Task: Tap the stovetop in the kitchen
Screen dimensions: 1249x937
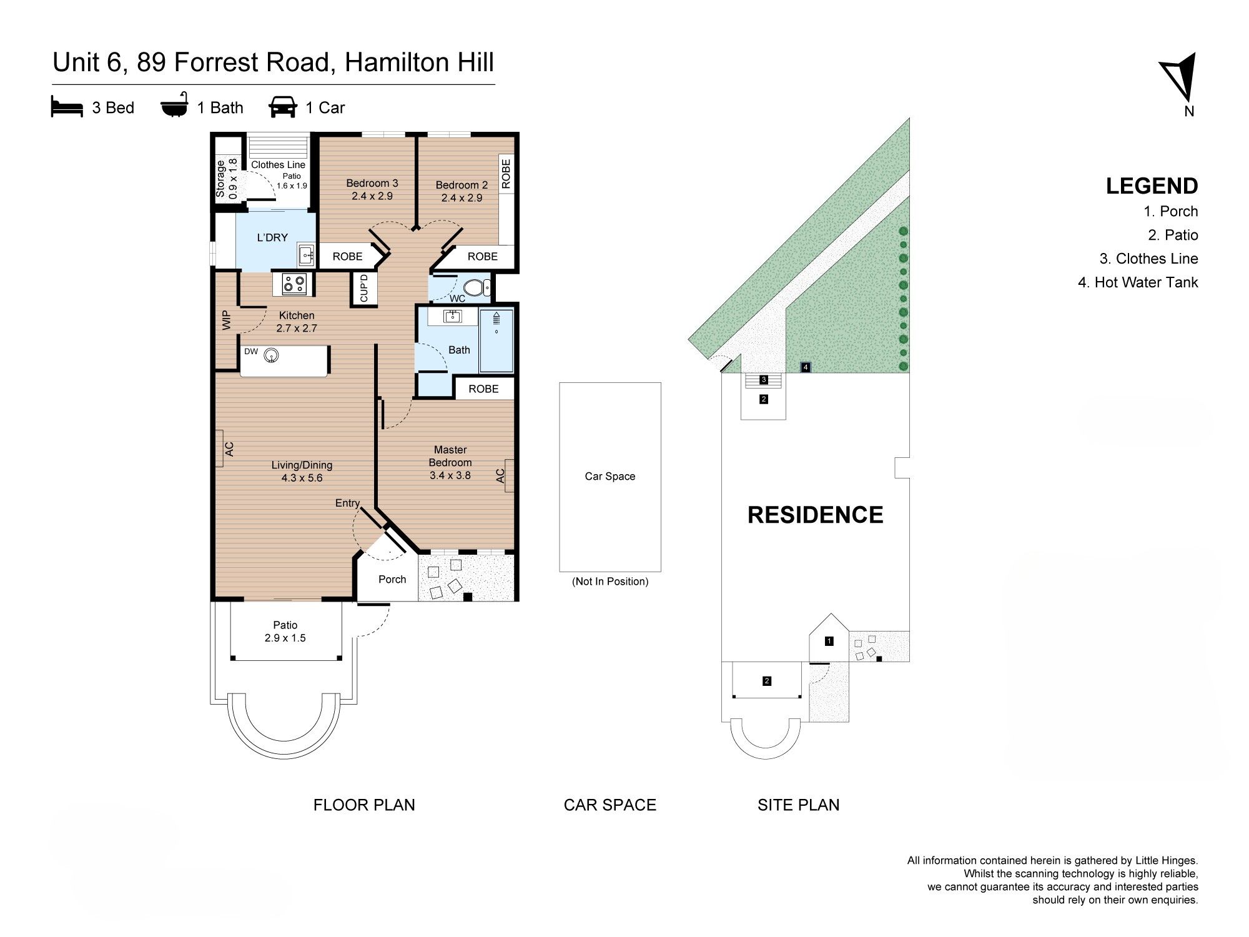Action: [293, 284]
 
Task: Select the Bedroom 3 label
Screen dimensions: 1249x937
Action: [372, 189]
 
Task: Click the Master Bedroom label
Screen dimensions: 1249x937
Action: [450, 462]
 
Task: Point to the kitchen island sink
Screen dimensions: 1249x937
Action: [270, 355]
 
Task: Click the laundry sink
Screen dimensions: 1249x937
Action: [306, 254]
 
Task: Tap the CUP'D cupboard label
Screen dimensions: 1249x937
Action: [365, 288]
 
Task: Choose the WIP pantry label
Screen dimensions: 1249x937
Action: [227, 320]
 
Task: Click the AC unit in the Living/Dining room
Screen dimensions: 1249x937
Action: [220, 448]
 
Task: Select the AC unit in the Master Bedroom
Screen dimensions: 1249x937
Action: [509, 476]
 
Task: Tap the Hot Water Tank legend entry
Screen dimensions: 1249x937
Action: [1138, 282]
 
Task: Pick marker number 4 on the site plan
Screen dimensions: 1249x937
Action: [806, 367]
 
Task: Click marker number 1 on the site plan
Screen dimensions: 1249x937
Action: [829, 641]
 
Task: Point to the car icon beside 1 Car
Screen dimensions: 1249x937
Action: [283, 107]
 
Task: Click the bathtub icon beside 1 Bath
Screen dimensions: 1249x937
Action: [174, 107]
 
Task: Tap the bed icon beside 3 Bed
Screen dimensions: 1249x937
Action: [67, 107]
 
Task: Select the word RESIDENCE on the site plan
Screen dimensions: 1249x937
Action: [816, 515]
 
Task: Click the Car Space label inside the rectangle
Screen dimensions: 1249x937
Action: [610, 476]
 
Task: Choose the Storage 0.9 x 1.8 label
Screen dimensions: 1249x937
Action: [227, 179]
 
